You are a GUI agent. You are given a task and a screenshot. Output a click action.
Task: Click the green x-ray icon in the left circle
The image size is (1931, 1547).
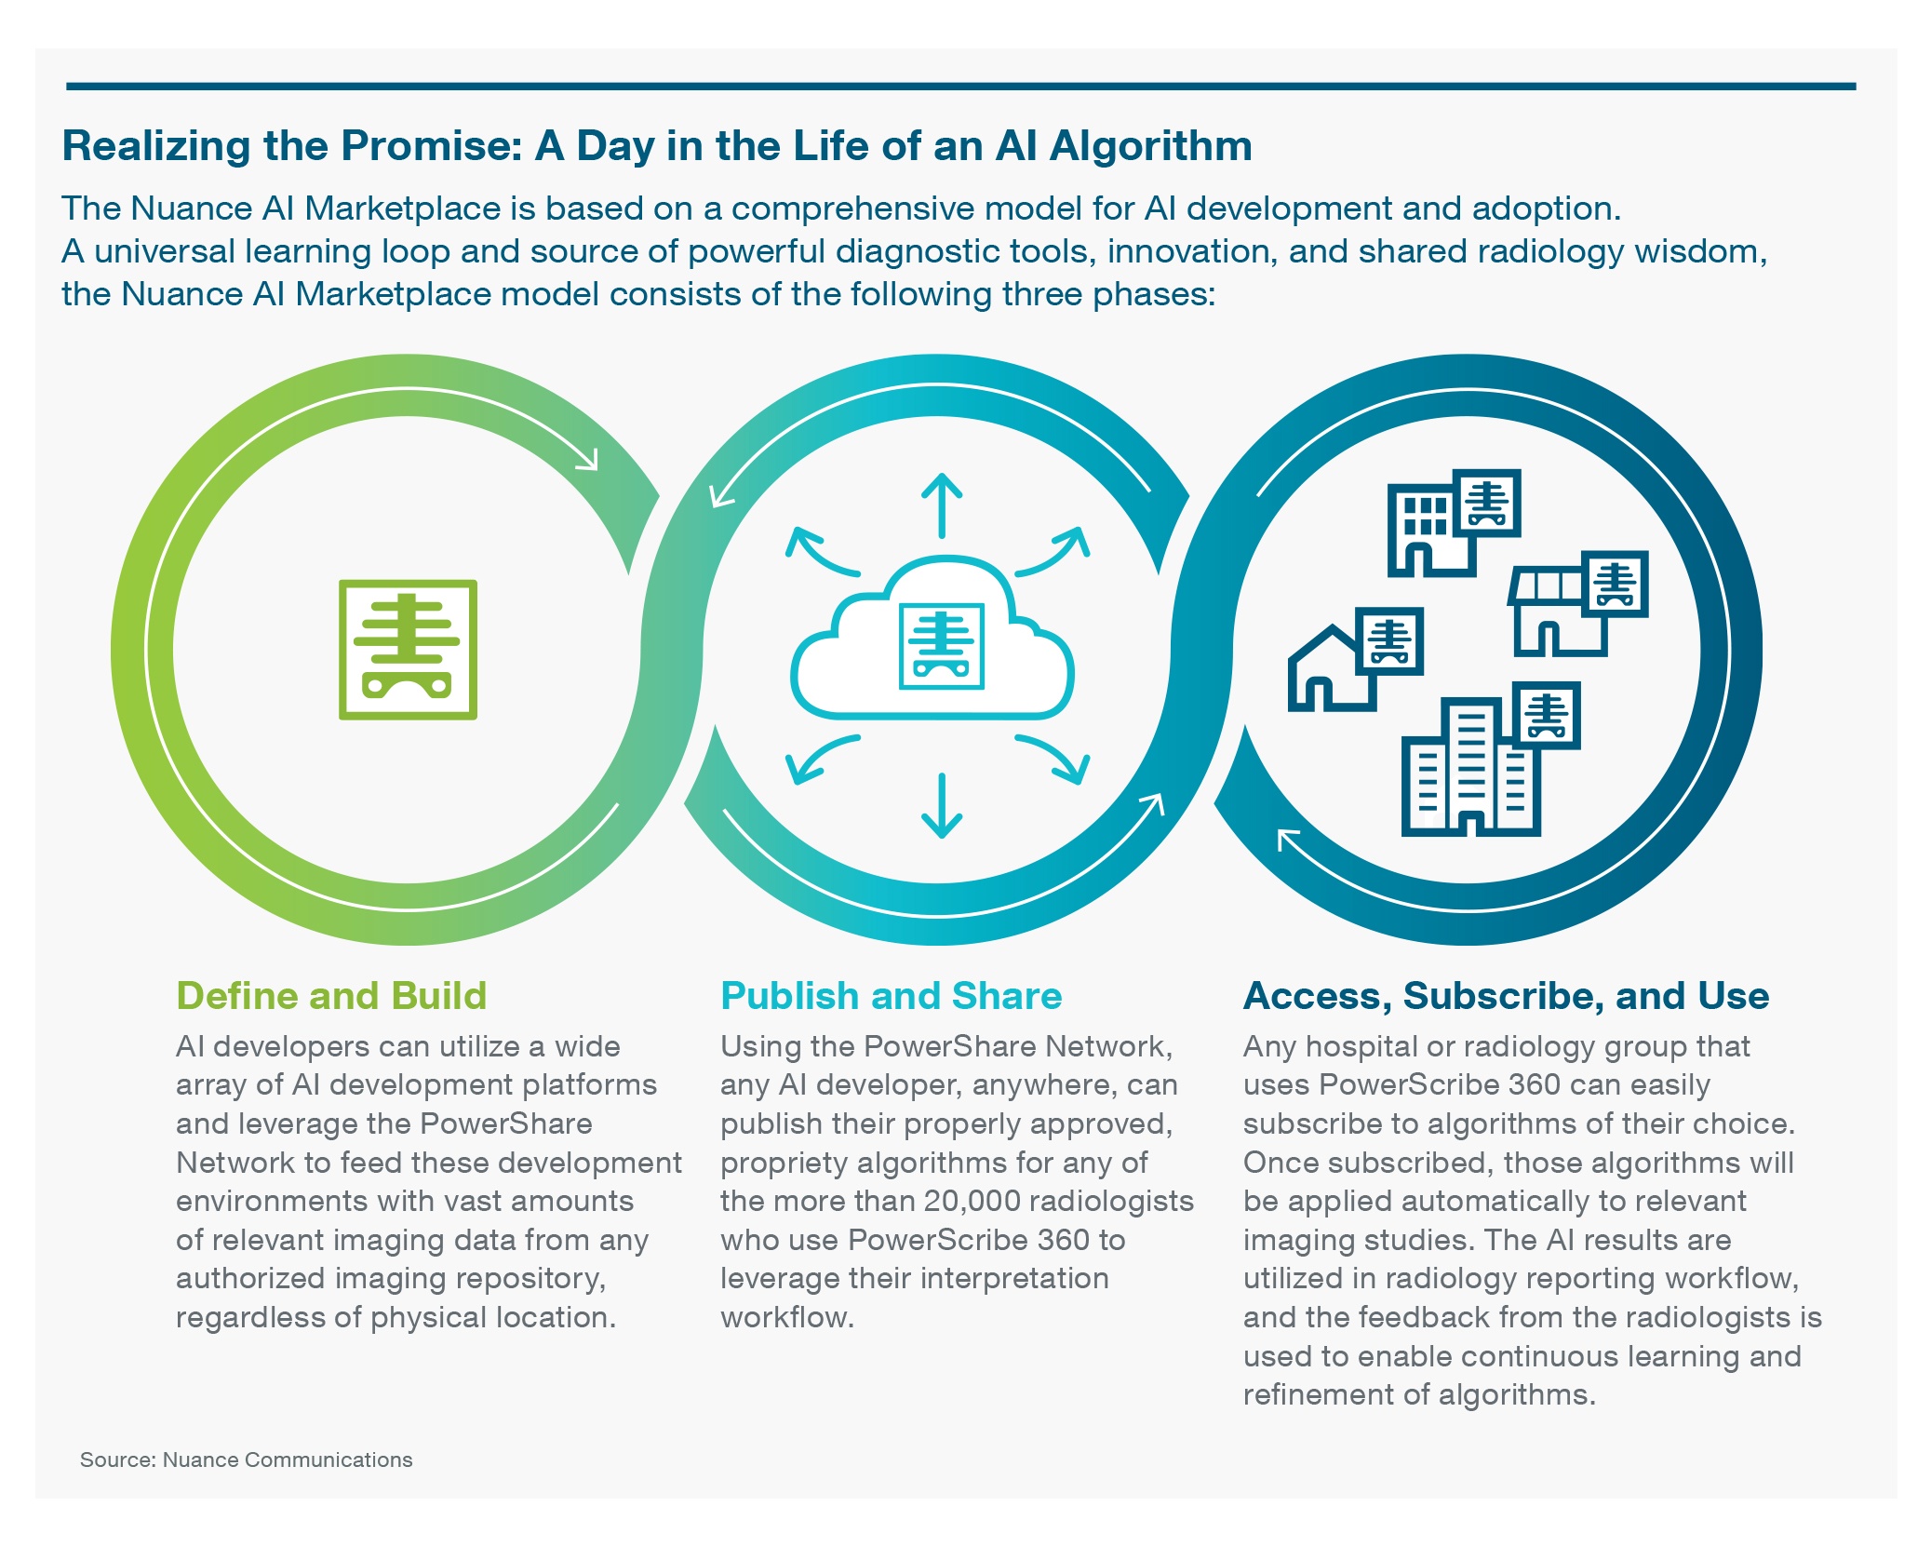[x=408, y=650]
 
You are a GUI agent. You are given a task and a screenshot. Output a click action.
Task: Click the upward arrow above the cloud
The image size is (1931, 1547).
[x=942, y=505]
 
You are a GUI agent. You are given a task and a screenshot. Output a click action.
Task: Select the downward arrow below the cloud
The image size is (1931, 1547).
[x=942, y=805]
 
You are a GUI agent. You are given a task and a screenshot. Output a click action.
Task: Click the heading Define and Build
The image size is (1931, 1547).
[x=331, y=996]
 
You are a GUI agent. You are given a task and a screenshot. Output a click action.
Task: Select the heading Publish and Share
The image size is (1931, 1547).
[x=891, y=996]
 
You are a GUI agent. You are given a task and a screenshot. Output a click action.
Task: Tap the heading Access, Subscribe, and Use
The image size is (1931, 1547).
[x=1506, y=996]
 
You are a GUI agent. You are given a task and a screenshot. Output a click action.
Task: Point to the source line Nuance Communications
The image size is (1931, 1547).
[x=288, y=1460]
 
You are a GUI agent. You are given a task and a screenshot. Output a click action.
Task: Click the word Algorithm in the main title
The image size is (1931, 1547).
[x=1150, y=146]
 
